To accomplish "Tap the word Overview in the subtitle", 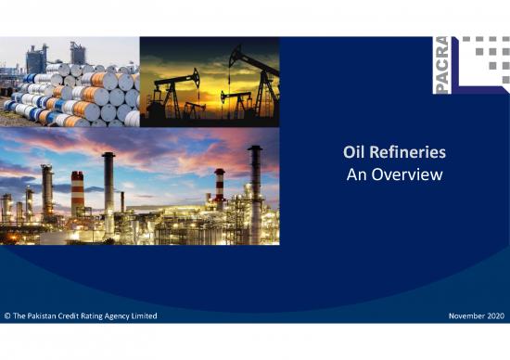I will point(407,174).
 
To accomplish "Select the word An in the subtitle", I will point(357,174).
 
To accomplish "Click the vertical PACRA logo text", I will point(442,65).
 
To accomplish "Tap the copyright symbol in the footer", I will point(7,317).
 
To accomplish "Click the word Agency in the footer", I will point(118,317).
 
